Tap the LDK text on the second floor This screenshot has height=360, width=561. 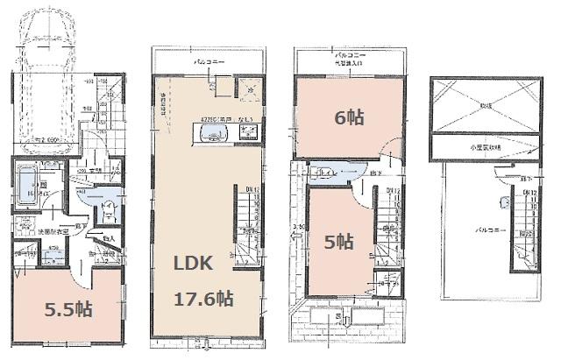click(202, 263)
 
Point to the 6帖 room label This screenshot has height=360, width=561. click(349, 116)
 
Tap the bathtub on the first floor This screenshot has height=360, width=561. click(26, 185)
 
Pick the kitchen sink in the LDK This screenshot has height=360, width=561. click(215, 133)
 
